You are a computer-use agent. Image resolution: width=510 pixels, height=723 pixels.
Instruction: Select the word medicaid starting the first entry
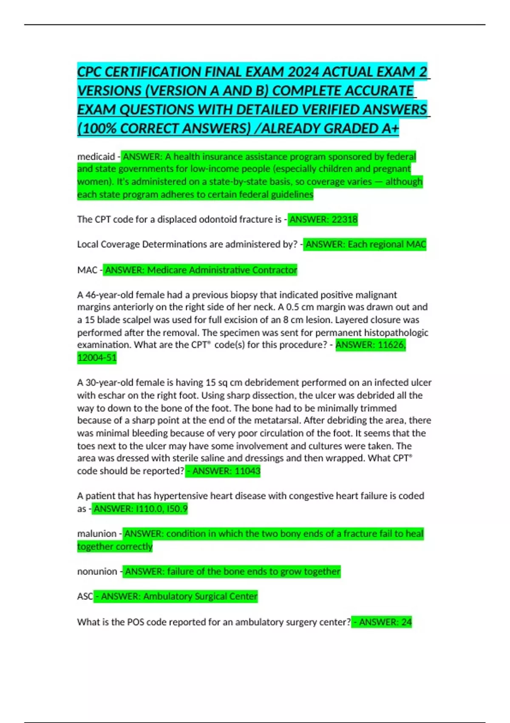pos(96,157)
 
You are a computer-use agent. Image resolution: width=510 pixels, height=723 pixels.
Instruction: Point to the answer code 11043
pos(247,471)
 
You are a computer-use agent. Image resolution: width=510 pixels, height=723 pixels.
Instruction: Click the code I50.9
pos(177,509)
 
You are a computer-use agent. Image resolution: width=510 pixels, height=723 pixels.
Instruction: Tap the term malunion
pos(97,534)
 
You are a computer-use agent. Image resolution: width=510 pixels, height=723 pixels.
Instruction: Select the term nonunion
pos(97,572)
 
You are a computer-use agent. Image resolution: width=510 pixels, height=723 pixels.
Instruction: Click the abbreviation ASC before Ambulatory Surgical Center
pos(85,597)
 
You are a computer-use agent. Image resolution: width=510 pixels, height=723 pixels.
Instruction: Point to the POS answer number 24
pos(406,622)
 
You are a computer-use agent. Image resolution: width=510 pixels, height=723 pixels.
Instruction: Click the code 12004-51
pos(97,358)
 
